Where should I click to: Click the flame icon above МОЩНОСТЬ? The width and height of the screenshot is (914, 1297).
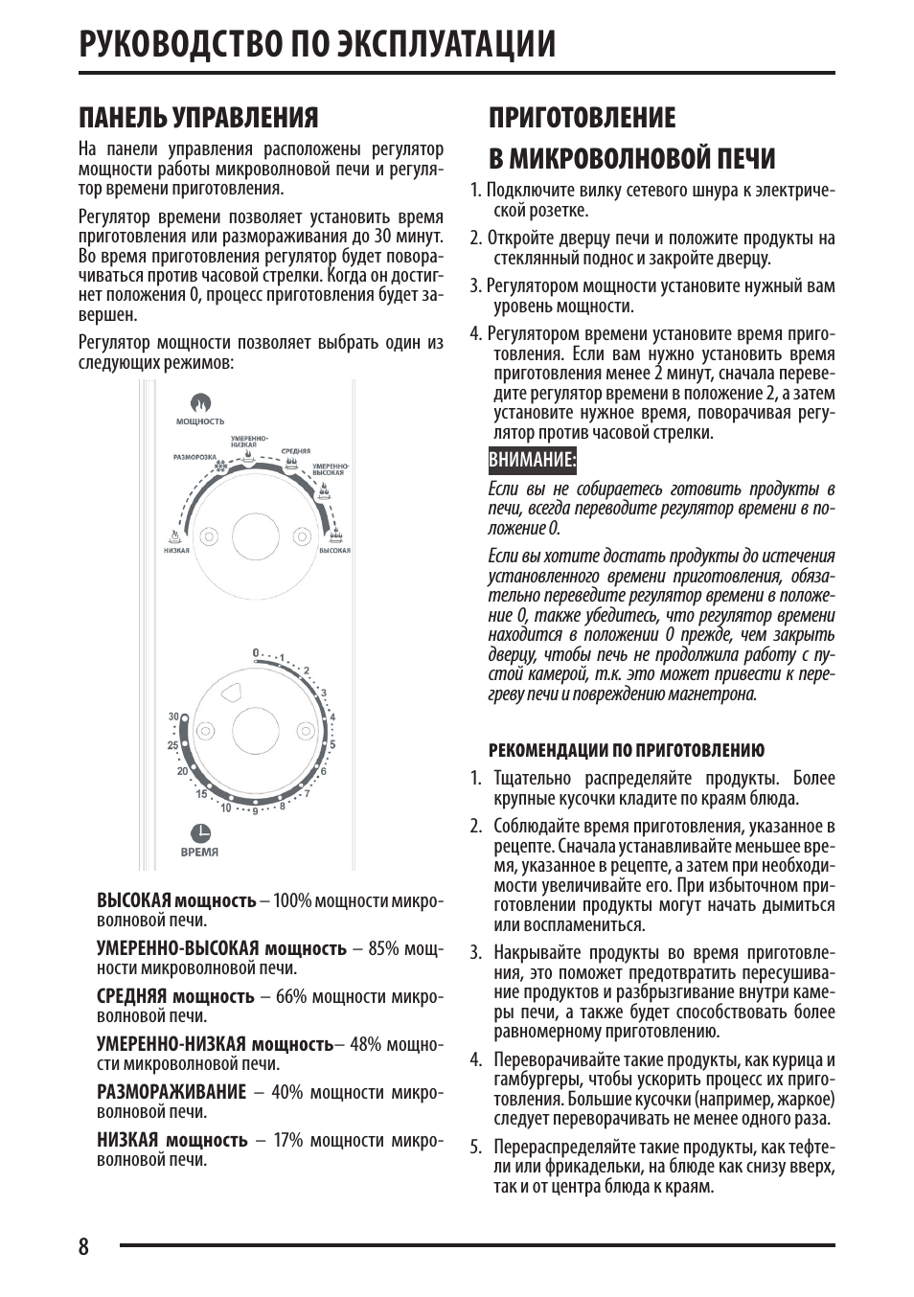pos(200,403)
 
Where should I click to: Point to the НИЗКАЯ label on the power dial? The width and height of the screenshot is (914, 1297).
pos(176,551)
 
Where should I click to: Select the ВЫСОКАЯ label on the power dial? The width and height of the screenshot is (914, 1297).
pos(334,551)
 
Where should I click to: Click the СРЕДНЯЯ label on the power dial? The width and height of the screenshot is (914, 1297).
pos(295,451)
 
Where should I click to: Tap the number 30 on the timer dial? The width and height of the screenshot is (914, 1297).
pos(173,717)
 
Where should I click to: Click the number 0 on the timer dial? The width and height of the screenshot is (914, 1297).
pos(256,653)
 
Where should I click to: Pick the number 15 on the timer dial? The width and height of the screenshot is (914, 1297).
pos(201,794)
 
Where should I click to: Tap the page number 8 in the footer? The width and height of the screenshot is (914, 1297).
pos(84,1246)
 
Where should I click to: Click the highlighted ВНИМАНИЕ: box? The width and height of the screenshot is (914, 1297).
pos(533,461)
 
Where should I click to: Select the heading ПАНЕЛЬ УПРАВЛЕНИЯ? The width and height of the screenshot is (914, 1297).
pos(198,118)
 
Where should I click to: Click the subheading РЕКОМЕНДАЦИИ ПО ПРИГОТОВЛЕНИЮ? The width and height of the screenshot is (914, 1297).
pos(627,750)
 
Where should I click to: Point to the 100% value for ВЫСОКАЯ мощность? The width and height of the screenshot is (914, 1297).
pos(292,900)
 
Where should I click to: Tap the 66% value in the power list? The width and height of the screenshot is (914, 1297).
pos(291,996)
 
